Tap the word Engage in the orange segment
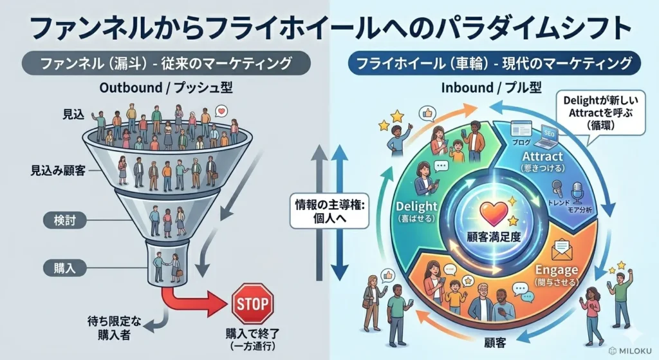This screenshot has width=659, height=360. (556, 270)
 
